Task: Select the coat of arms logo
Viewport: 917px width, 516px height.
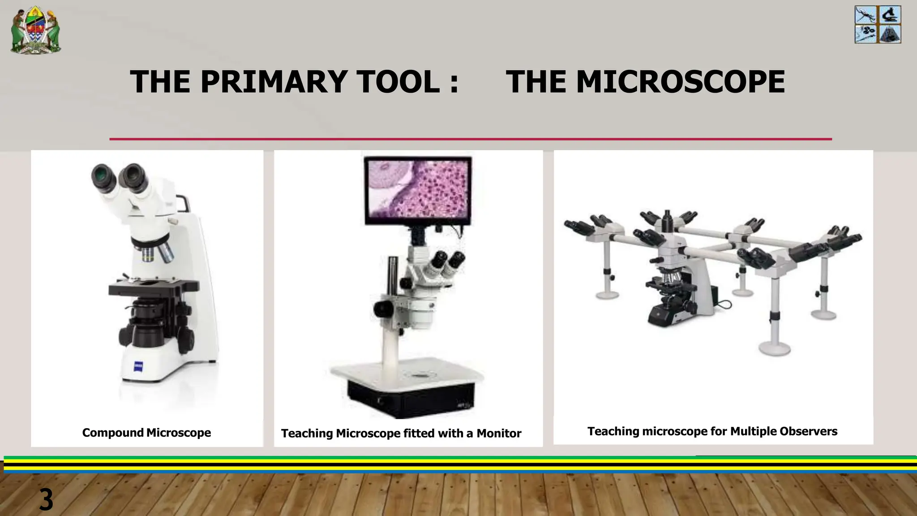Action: click(36, 30)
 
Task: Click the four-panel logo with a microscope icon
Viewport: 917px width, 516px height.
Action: click(878, 25)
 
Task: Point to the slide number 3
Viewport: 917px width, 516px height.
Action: click(46, 500)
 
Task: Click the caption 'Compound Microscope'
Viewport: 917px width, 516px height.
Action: click(146, 433)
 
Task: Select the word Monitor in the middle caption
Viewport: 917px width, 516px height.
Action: click(499, 434)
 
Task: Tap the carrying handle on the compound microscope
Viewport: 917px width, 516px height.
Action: click(183, 203)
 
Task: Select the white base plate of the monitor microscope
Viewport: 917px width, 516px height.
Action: click(407, 372)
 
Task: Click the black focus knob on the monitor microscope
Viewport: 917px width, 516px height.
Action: click(383, 308)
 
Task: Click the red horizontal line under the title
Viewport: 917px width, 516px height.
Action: click(470, 139)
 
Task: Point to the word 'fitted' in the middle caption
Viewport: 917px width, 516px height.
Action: click(419, 434)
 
